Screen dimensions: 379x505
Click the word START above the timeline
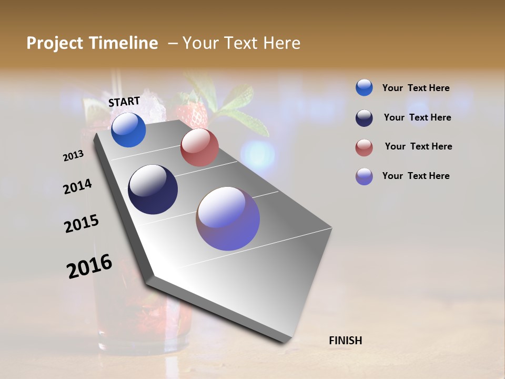(x=124, y=102)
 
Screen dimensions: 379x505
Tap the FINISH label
(x=345, y=341)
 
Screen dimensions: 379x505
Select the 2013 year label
(x=73, y=156)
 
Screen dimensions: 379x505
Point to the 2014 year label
(x=77, y=186)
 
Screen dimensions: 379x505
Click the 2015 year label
(x=82, y=223)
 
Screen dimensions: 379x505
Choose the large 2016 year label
(x=89, y=266)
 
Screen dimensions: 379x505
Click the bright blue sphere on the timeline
(x=128, y=130)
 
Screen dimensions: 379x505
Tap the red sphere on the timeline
(x=199, y=147)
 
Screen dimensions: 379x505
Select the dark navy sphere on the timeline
(x=153, y=189)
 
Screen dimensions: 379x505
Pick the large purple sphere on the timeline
(x=228, y=218)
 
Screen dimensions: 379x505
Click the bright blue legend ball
(x=364, y=87)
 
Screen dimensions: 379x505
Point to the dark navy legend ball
(x=364, y=118)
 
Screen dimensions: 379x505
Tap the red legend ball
(x=364, y=147)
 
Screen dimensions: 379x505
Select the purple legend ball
(x=364, y=176)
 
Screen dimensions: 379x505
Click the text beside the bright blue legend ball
(x=416, y=88)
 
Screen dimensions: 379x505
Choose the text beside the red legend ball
(x=418, y=146)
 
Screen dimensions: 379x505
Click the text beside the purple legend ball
(x=416, y=176)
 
